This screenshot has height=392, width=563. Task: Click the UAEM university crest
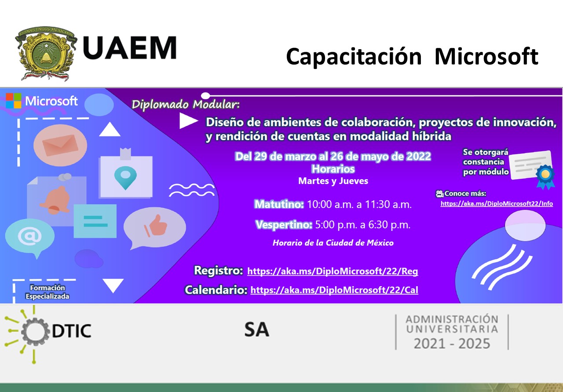[x=46, y=54]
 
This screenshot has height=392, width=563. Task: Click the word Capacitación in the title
[x=354, y=57]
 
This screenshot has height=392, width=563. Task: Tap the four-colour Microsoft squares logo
[x=14, y=101]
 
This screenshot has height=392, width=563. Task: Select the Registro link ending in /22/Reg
[x=333, y=271]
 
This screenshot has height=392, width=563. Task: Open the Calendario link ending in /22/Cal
[x=334, y=290]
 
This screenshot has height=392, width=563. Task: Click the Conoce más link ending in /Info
[x=497, y=203]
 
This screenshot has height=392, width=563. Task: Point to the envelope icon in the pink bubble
[x=60, y=145]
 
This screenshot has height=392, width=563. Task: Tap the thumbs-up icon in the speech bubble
[x=156, y=225]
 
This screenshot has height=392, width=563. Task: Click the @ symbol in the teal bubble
[x=29, y=236]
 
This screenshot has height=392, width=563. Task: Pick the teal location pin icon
[x=125, y=177]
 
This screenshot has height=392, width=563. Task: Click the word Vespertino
[x=284, y=225]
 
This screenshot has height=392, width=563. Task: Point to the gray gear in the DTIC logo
[x=35, y=331]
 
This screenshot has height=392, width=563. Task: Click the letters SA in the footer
[x=257, y=330]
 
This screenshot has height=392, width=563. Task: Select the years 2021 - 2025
[x=452, y=344]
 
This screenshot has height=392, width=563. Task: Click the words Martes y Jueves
[x=333, y=181]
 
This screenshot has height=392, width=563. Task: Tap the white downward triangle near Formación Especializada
[x=113, y=286]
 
